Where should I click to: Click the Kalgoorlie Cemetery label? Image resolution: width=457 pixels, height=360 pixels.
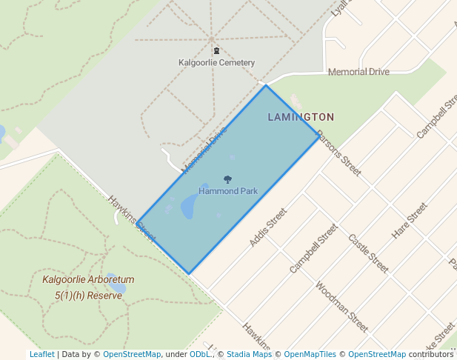tap(216, 63)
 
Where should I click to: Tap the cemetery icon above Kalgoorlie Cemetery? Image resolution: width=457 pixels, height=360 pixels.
tap(216, 50)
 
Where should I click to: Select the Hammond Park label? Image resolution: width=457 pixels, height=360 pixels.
tap(228, 191)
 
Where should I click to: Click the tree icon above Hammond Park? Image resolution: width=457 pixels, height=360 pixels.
tap(227, 179)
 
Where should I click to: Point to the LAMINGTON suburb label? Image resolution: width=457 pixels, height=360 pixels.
tap(301, 117)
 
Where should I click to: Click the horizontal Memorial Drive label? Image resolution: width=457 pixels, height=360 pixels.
tap(358, 72)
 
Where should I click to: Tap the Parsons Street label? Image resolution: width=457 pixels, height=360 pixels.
tap(338, 153)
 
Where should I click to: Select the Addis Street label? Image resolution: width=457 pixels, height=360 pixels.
tap(267, 227)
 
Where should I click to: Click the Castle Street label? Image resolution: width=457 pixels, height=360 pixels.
tap(368, 253)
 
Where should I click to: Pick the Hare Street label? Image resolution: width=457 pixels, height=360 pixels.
tap(410, 220)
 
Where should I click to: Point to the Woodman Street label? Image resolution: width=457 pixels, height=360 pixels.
tap(341, 306)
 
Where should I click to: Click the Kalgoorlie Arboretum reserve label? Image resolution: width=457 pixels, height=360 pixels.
tap(88, 287)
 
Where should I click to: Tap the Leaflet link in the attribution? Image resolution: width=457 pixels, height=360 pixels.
tap(41, 354)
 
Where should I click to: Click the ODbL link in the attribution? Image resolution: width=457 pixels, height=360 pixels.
tap(201, 354)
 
